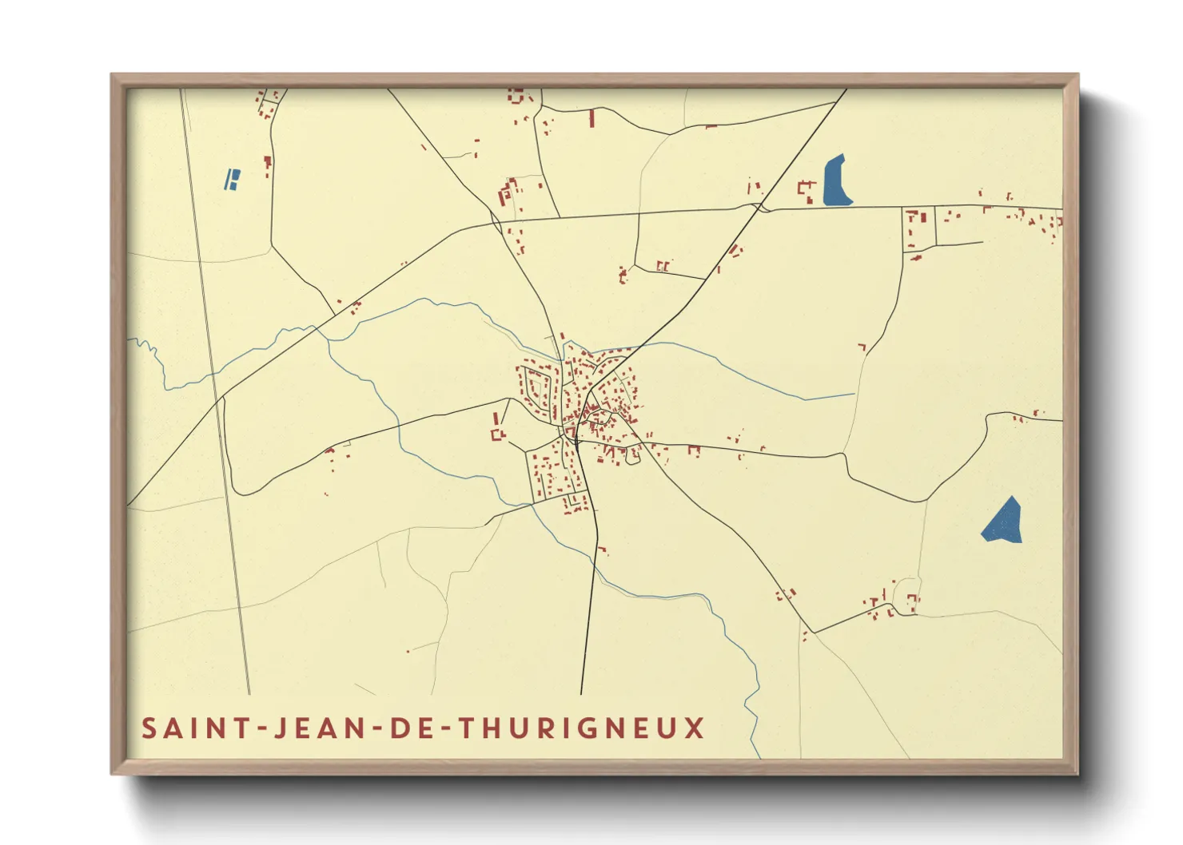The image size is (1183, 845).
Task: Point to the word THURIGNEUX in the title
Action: tap(584, 728)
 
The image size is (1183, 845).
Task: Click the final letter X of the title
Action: tap(694, 728)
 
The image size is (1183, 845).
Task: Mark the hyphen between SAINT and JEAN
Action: tap(259, 729)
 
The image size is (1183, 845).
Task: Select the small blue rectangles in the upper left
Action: tap(232, 179)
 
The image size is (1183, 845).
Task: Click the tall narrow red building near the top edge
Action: tap(591, 119)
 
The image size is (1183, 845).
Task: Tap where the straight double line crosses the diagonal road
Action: tap(216, 399)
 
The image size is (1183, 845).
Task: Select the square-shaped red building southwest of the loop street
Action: tap(498, 434)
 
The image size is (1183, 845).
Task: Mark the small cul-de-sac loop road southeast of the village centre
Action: tap(633, 456)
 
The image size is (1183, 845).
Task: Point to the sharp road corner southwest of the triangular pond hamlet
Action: tap(814, 632)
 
